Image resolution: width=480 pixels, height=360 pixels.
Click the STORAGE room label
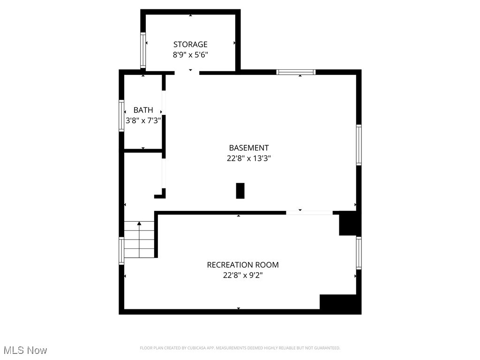(190, 45)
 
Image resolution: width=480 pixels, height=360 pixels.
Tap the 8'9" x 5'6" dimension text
(190, 54)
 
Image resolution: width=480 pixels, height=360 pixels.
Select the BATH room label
(143, 110)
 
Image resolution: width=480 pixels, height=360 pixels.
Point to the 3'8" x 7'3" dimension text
(143, 120)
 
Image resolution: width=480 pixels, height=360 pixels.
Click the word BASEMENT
(249, 148)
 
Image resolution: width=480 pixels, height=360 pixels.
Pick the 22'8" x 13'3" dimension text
(249, 158)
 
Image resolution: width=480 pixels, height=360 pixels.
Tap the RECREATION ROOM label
(243, 265)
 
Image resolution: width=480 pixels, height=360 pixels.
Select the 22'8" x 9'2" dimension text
(243, 275)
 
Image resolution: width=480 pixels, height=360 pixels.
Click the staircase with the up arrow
(139, 240)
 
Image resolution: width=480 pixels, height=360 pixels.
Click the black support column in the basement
(240, 191)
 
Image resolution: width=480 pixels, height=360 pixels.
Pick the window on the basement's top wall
(296, 72)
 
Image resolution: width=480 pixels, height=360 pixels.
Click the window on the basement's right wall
(359, 145)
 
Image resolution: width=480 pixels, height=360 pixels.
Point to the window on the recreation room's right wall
(359, 253)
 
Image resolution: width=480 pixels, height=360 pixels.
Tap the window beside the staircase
(121, 251)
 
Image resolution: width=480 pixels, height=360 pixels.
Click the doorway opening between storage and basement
(187, 73)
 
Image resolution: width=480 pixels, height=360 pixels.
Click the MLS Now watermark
(25, 350)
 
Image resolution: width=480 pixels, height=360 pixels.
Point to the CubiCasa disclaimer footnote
(240, 348)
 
